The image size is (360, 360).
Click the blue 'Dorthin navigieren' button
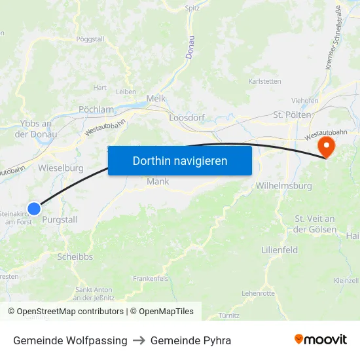180,160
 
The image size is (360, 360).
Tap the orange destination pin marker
325,146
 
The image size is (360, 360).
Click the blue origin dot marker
34,208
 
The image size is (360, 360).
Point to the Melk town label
156,98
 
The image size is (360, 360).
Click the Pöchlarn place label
96,109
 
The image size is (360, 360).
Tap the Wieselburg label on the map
61,168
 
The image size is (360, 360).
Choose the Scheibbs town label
75,257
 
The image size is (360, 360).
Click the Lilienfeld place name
279,250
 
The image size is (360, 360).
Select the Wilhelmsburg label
283,185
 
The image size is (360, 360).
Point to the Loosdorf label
187,118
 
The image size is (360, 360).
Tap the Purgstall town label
60,220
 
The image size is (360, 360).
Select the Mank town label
158,181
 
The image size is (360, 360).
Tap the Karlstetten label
264,81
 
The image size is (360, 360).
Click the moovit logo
321,340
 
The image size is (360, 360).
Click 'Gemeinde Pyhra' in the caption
190,340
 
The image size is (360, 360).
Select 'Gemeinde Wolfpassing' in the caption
70,340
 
